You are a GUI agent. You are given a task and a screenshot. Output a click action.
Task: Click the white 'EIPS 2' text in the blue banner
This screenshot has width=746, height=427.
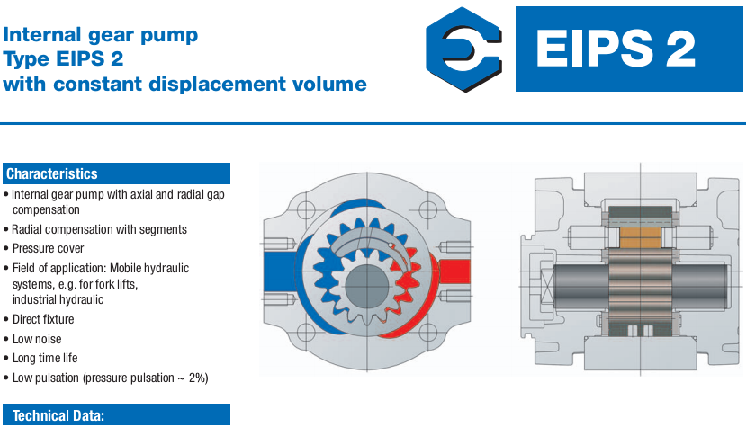616,49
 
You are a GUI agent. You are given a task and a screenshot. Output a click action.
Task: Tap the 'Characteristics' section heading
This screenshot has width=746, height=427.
52,173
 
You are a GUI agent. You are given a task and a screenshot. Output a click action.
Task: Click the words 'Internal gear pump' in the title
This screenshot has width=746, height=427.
101,36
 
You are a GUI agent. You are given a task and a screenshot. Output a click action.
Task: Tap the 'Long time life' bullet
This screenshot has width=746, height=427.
45,358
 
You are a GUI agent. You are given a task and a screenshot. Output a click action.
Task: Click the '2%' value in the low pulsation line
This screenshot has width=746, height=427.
198,378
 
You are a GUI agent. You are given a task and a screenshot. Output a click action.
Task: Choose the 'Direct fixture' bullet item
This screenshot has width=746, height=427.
43,319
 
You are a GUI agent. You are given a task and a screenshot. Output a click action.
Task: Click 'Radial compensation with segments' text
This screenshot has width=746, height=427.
99,229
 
